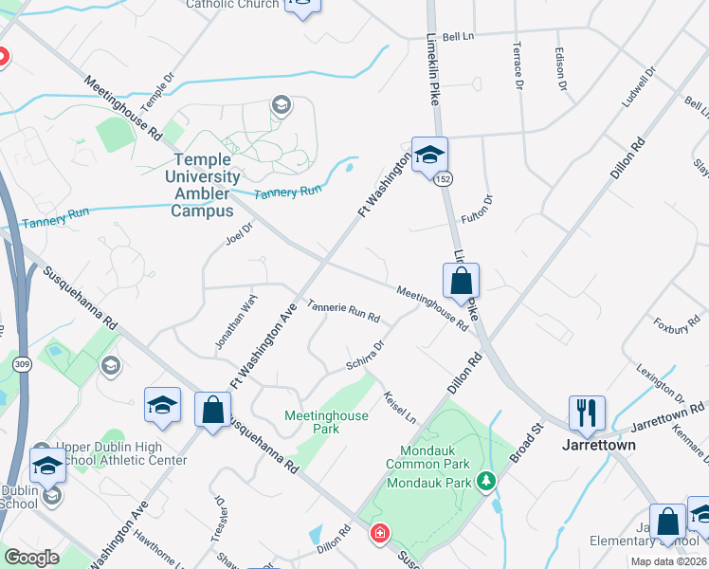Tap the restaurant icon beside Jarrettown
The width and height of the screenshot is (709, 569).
tap(586, 412)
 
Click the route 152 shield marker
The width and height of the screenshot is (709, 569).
tap(443, 179)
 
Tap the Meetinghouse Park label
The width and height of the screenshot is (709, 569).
tap(326, 422)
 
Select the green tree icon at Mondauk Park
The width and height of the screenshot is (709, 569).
tap(485, 482)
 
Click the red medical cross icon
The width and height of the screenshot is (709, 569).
tap(379, 533)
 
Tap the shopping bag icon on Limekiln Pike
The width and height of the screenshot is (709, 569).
tap(461, 281)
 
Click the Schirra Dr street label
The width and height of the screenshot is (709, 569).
tap(365, 357)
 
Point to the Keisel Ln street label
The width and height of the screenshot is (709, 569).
tap(398, 406)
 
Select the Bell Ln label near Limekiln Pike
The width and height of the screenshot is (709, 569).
tap(457, 36)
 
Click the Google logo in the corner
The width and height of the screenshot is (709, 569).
tap(31, 558)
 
